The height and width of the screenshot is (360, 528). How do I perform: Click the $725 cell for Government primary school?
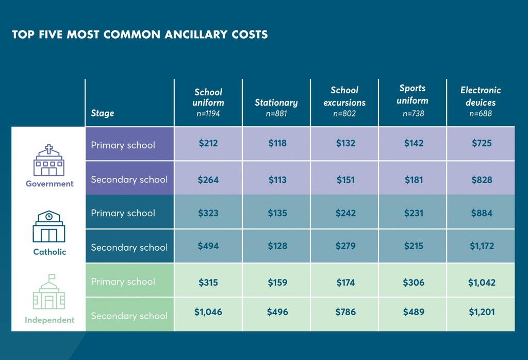click(x=482, y=143)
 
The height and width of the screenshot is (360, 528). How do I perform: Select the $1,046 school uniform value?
click(x=208, y=312)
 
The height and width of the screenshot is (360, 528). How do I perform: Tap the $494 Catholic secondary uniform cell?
click(x=208, y=246)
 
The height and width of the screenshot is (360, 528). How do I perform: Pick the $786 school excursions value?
click(x=344, y=312)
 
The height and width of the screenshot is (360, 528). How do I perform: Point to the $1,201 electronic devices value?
click(x=482, y=312)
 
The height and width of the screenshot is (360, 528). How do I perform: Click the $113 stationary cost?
click(x=277, y=180)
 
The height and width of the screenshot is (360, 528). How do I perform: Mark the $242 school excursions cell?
click(x=344, y=213)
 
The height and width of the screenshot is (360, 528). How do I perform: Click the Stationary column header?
click(x=276, y=103)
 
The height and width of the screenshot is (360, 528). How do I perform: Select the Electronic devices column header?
click(x=481, y=96)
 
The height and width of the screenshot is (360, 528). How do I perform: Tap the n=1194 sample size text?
click(x=208, y=113)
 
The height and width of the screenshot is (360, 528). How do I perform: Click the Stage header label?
click(x=103, y=113)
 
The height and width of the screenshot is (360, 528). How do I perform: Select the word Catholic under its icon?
click(x=49, y=252)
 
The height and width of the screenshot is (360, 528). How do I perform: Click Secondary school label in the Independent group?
click(x=129, y=316)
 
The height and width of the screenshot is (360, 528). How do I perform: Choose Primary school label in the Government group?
click(x=123, y=145)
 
